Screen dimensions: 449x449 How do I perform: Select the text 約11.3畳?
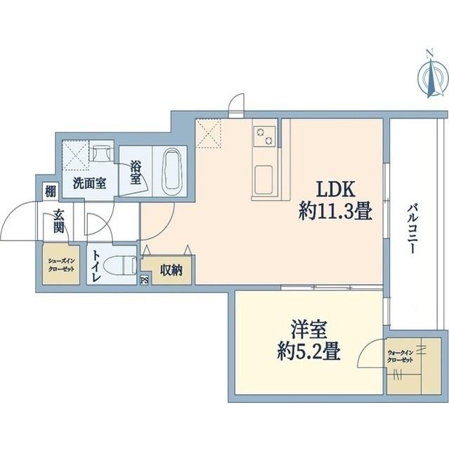[x=334, y=210]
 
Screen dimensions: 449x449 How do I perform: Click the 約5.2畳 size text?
[x=309, y=350]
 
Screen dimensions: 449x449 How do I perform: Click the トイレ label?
[x=96, y=267]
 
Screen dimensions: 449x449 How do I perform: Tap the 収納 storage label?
[x=171, y=270]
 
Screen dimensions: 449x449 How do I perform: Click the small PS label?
[x=145, y=281]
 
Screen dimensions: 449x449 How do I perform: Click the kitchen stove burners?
[x=263, y=135]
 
